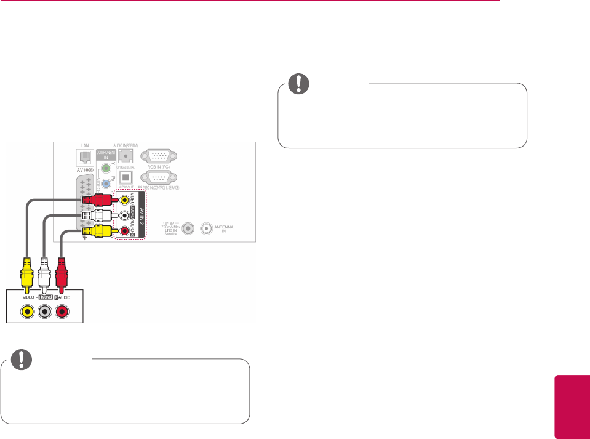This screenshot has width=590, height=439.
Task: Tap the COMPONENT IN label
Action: tap(106, 155)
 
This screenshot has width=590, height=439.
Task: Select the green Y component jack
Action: tap(106, 167)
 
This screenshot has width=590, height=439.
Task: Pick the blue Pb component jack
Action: tap(106, 183)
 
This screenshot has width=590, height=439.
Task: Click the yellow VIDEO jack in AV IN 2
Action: tap(126, 199)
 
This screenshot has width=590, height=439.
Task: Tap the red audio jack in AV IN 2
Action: tap(126, 232)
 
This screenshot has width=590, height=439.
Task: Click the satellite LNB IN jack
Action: tap(189, 228)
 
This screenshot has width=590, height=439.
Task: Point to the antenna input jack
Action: tap(208, 228)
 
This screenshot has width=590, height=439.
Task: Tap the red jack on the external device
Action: tap(62, 312)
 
